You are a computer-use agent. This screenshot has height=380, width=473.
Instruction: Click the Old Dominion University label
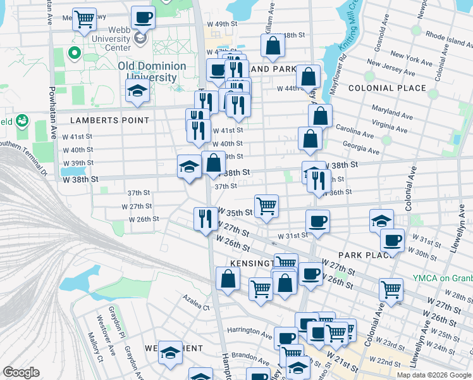tap(152, 72)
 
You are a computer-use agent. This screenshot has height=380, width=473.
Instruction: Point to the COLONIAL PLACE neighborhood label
tap(387, 88)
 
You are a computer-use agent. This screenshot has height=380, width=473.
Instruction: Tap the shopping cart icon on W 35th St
tap(266, 205)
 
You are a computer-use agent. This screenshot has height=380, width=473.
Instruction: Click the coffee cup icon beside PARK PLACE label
tap(392, 240)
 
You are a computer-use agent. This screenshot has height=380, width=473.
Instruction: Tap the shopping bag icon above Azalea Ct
tap(228, 278)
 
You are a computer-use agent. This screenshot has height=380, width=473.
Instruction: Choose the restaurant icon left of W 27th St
tap(204, 219)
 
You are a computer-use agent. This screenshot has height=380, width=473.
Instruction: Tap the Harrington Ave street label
tap(249, 331)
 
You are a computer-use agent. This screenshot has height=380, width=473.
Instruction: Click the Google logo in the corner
tap(21, 372)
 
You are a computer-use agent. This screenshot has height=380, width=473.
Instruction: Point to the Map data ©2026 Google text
tap(433, 375)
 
